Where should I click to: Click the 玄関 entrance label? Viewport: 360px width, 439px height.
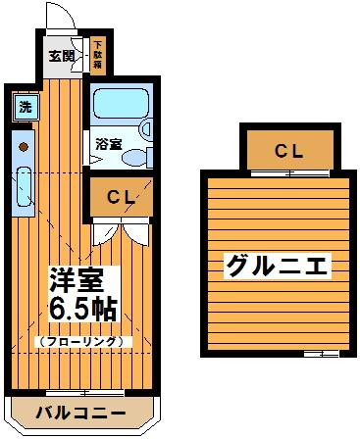pyautogui.click(x=62, y=56)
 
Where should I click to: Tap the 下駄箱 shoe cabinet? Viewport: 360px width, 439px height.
pyautogui.click(x=99, y=55)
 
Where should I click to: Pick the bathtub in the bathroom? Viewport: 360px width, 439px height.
pyautogui.click(x=116, y=105)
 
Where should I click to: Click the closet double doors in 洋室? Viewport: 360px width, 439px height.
pyautogui.click(x=125, y=231)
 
